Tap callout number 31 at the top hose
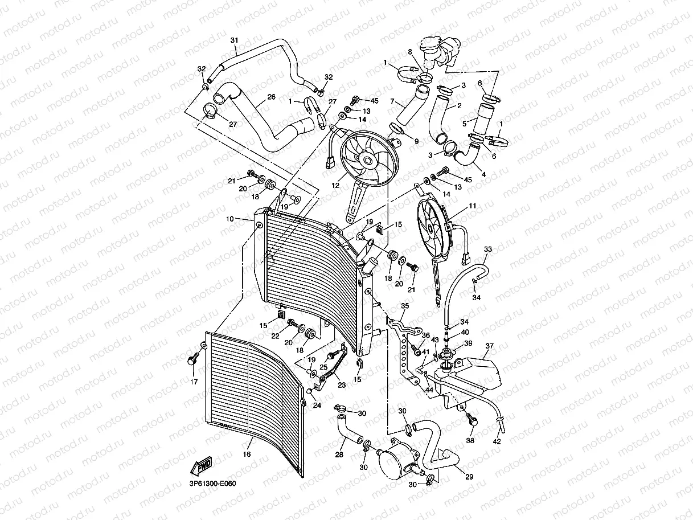(234, 40)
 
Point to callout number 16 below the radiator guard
(246, 454)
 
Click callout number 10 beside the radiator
(229, 219)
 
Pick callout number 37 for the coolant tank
(489, 346)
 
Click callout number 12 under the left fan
(335, 185)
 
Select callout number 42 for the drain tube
(497, 441)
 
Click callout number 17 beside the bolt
(194, 382)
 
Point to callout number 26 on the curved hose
(271, 97)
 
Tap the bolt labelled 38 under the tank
(471, 420)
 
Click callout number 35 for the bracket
(404, 306)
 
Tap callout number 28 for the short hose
(339, 454)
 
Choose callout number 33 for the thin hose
(488, 249)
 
